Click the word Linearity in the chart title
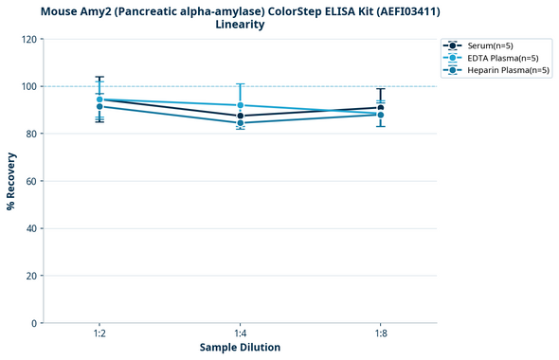[240, 25]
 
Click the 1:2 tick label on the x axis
[99, 334]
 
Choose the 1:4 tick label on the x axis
[240, 334]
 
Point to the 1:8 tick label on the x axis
[380, 334]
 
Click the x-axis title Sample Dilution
[240, 348]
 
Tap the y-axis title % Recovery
[11, 181]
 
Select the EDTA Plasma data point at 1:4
[240, 105]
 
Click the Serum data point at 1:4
[240, 116]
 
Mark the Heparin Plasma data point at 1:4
[240, 123]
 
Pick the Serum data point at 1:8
[380, 108]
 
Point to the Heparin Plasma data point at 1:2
[99, 106]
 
